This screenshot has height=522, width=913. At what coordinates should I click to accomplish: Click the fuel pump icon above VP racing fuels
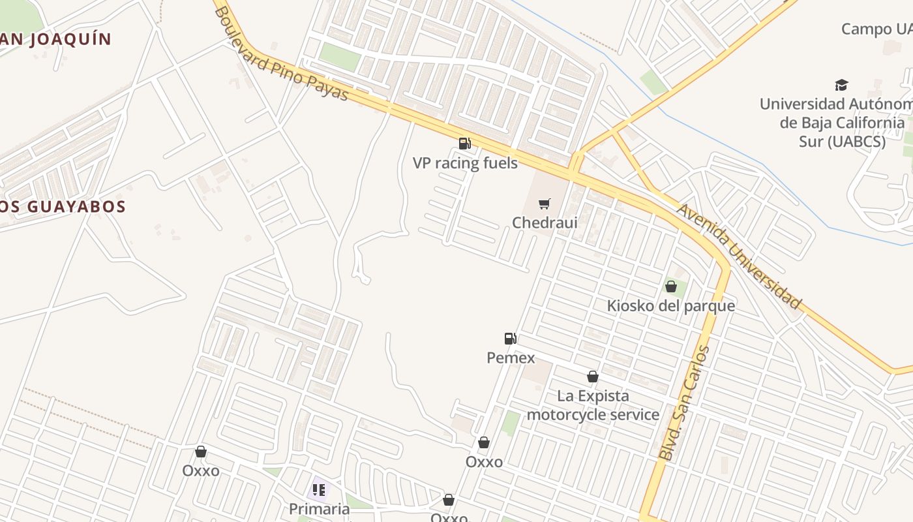(464, 143)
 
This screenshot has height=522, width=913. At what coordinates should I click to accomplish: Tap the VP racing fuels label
(465, 162)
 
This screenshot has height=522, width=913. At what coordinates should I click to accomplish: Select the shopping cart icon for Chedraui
(545, 204)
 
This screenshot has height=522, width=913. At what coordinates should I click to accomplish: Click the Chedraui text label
(545, 223)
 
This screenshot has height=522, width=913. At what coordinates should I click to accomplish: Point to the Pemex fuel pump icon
(511, 338)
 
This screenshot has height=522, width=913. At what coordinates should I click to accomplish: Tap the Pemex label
(511, 358)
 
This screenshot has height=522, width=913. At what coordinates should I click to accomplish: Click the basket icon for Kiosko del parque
(670, 286)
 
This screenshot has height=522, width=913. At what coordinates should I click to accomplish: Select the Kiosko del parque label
(670, 305)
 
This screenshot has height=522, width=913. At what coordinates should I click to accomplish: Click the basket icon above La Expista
(593, 376)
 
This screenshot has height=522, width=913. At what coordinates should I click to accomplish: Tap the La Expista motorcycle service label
(593, 405)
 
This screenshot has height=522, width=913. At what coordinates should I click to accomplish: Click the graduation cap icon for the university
(841, 85)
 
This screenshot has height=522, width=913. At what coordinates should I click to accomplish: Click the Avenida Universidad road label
(738, 256)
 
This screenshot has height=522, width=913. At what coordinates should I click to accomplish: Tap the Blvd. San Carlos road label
(684, 403)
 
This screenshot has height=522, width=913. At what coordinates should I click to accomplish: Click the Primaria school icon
(319, 489)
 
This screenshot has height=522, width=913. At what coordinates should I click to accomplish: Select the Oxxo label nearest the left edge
(201, 470)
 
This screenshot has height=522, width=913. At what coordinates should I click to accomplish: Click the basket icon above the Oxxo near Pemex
(484, 442)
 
